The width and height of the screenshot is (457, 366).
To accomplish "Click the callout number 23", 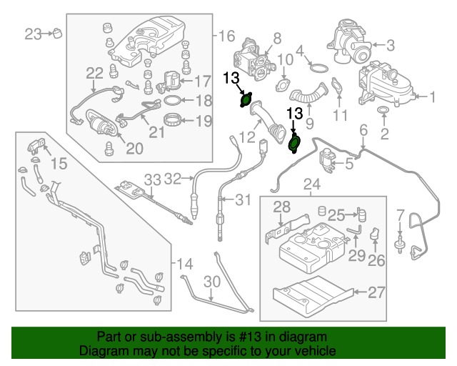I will (x=34, y=33).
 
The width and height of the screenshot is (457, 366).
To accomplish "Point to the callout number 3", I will (x=390, y=45).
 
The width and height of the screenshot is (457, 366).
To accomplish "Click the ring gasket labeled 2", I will (x=383, y=111).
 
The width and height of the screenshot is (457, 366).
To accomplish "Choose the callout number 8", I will (x=277, y=37).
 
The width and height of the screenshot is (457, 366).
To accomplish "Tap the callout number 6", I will (x=363, y=130).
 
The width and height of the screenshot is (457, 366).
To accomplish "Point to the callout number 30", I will (x=210, y=281).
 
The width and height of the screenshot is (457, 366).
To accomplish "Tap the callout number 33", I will (x=153, y=178).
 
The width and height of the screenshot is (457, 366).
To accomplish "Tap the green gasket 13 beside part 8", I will (x=246, y=102).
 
